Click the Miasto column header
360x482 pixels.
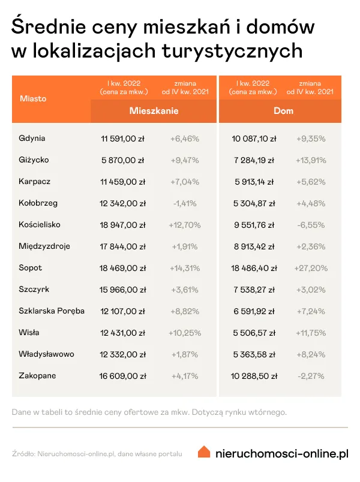tap(32, 98)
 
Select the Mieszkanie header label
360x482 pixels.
tap(154, 111)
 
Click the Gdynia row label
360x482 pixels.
tap(32, 138)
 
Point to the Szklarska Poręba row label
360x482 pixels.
tap(52, 311)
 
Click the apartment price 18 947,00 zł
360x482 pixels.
tap(123, 225)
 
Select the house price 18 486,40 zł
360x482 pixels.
tap(254, 268)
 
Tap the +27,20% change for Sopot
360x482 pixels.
tap(310, 268)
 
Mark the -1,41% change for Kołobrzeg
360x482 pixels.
tap(184, 203)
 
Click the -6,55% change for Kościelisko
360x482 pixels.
tap(311, 225)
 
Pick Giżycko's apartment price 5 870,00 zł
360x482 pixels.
tap(123, 160)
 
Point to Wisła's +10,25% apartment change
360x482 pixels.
tap(184, 333)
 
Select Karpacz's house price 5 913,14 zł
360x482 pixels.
tap(254, 182)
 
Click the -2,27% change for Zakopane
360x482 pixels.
tap(311, 376)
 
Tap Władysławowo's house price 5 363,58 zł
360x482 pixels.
tap(254, 354)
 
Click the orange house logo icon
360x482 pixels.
tap(205, 452)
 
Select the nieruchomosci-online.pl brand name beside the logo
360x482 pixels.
tap(281, 453)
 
